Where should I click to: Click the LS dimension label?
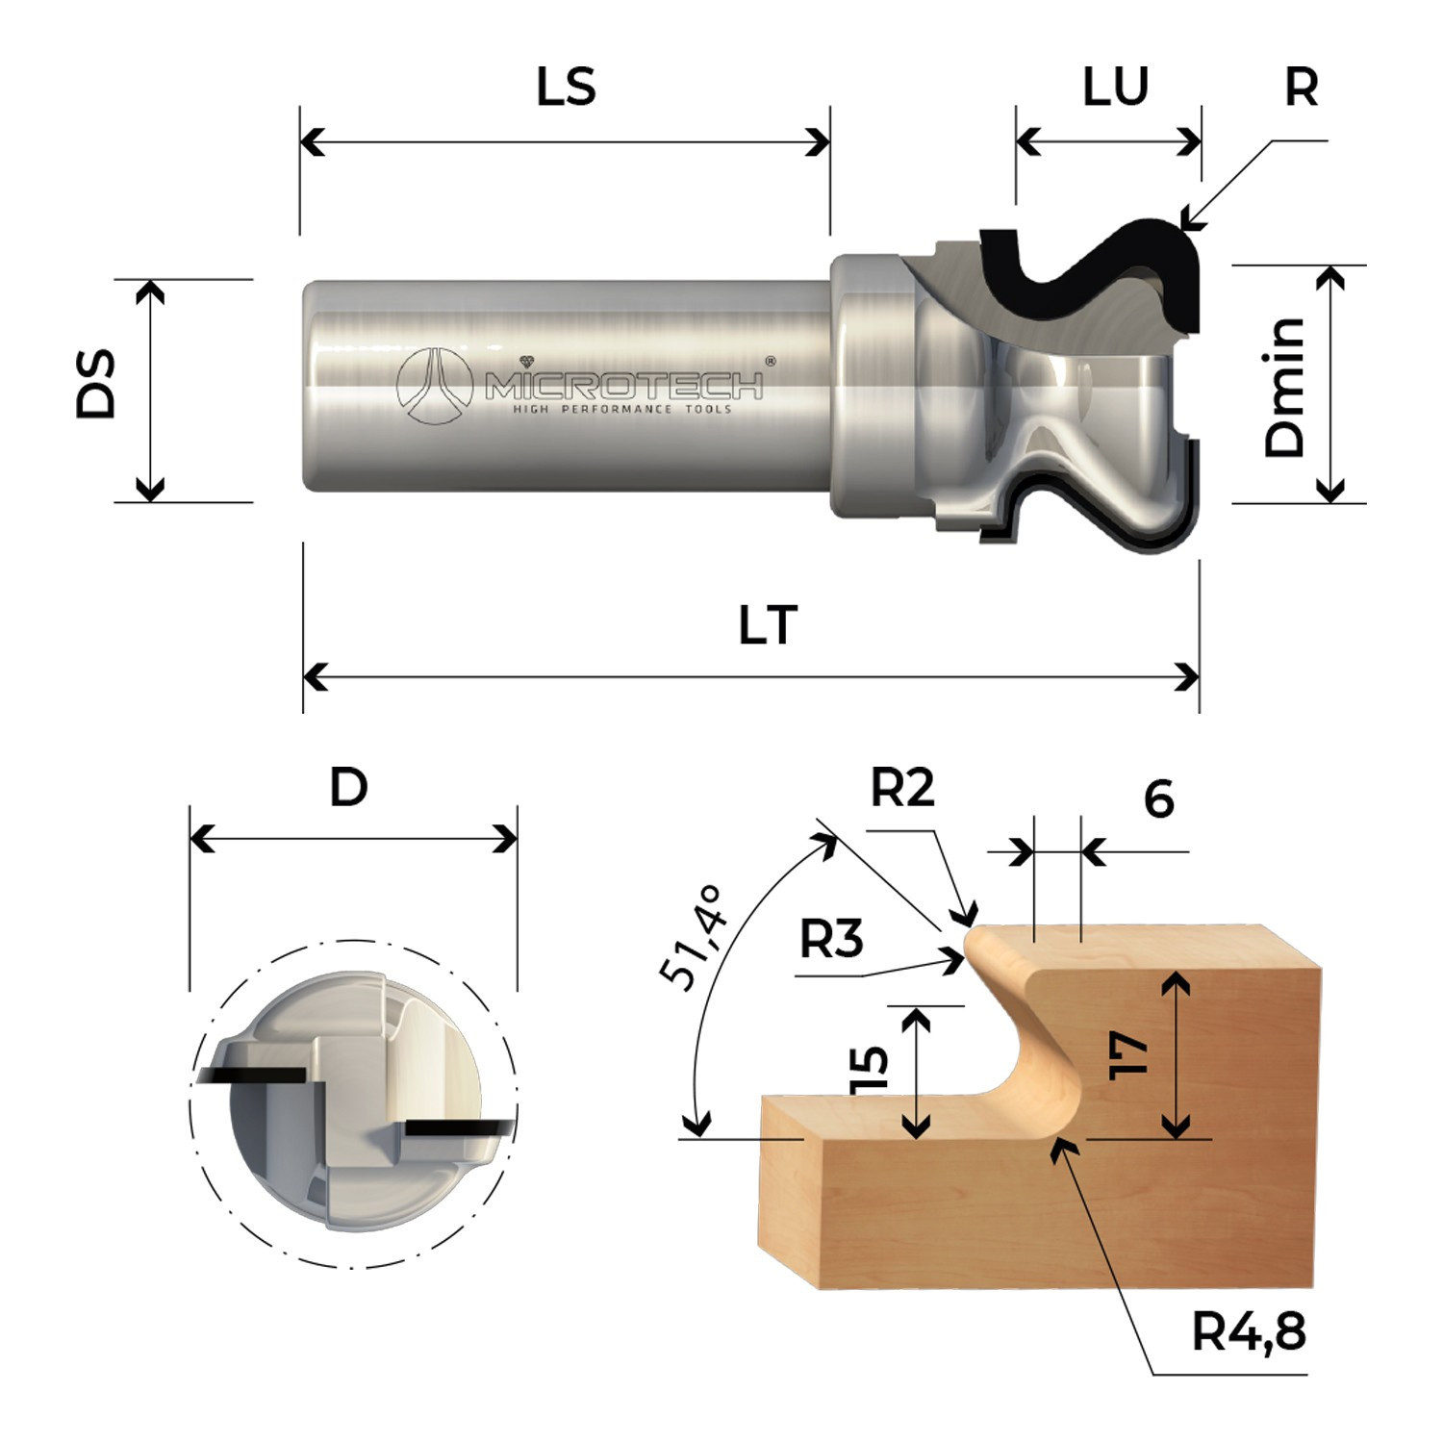pyautogui.click(x=566, y=86)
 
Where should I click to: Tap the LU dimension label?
pyautogui.click(x=1115, y=86)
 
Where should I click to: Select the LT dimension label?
pyautogui.click(x=768, y=625)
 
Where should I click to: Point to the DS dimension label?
pyautogui.click(x=96, y=384)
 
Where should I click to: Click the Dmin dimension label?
pyautogui.click(x=1284, y=387)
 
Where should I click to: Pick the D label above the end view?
pyautogui.click(x=348, y=788)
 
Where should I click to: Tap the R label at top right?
pyautogui.click(x=1301, y=87)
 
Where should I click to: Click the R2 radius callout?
pyautogui.click(x=902, y=789)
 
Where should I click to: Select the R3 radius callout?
pyautogui.click(x=831, y=938)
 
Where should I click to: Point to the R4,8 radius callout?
pyautogui.click(x=1249, y=1332)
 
